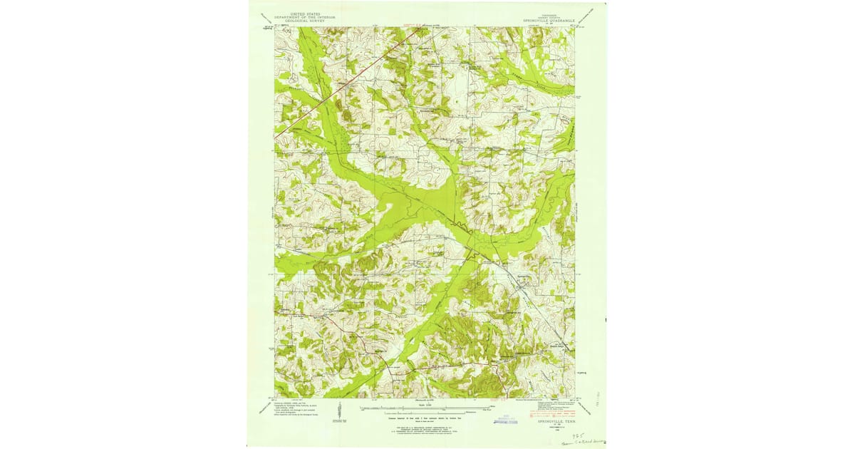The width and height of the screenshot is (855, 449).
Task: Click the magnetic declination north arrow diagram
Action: pos(341,411)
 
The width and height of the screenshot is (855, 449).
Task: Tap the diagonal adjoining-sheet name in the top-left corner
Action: pos(265,17)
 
